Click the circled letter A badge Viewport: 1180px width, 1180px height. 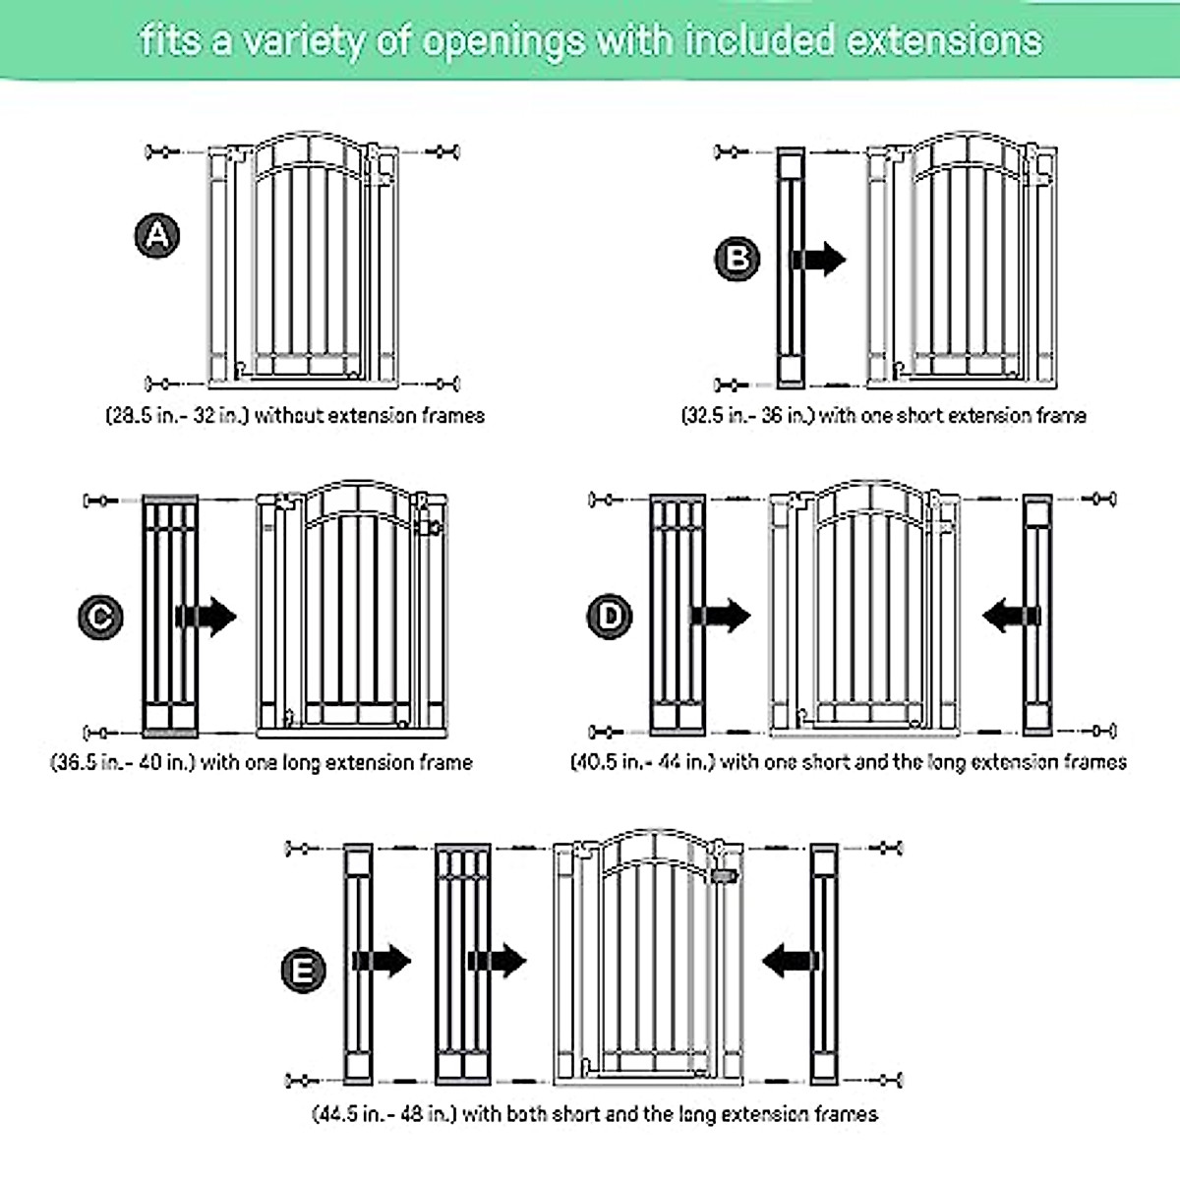(157, 236)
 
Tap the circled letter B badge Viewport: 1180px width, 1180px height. (737, 259)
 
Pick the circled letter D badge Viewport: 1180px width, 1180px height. (611, 617)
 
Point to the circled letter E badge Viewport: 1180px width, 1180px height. (303, 971)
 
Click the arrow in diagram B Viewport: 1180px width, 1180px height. (818, 260)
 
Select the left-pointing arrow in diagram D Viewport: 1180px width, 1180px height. (1010, 618)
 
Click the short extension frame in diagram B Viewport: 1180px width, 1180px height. (791, 266)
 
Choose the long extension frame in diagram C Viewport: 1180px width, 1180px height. (170, 616)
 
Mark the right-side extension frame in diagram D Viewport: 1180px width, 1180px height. (1037, 616)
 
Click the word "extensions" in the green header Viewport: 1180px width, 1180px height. (944, 41)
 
